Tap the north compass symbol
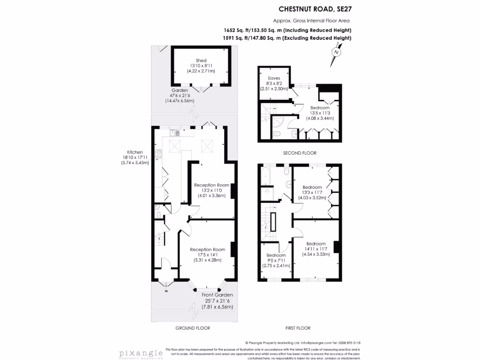pyautogui.click(x=336, y=52)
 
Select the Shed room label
pyautogui.click(x=201, y=60)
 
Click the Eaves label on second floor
pyautogui.click(x=274, y=78)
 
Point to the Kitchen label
pyautogui.click(x=135, y=152)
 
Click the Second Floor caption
pyautogui.click(x=300, y=153)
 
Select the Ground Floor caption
pyautogui.click(x=192, y=328)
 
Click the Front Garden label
pyautogui.click(x=217, y=295)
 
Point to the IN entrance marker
pyautogui.click(x=166, y=292)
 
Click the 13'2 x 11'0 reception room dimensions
pyautogui.click(x=211, y=191)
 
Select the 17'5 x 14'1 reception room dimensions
pyautogui.click(x=205, y=255)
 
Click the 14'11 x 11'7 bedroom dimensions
pyautogui.click(x=316, y=249)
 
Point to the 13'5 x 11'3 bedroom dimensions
pyautogui.click(x=319, y=113)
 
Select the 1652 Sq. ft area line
pyautogui.click(x=288, y=30)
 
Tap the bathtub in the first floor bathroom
pyautogui.click(x=266, y=175)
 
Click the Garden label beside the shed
pyautogui.click(x=179, y=90)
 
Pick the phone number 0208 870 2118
pyautogui.click(x=347, y=343)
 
